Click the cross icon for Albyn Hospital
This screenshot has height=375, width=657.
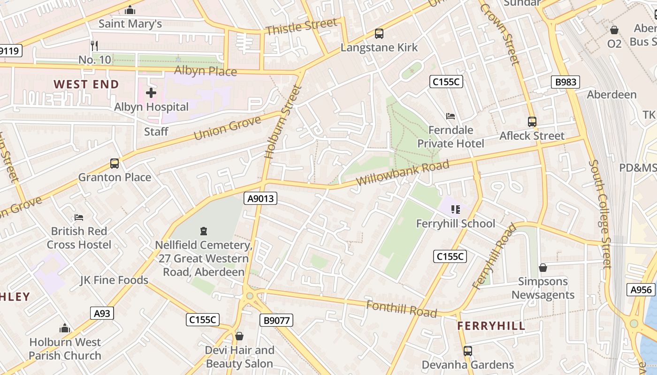(x=151, y=93)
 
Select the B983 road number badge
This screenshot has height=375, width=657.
(x=565, y=82)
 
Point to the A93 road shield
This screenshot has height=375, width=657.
(x=102, y=313)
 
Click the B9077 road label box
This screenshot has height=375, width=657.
(x=276, y=320)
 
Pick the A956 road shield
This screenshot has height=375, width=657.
(x=641, y=290)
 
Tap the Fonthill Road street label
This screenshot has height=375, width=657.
(x=401, y=309)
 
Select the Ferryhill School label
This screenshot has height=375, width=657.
(x=455, y=224)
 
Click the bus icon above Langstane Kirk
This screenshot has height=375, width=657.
(x=379, y=34)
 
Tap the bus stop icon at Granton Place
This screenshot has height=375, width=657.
(x=115, y=164)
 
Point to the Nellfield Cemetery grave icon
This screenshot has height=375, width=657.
(x=204, y=231)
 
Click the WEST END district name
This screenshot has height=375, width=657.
(x=86, y=84)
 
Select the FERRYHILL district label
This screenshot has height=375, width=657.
(x=491, y=326)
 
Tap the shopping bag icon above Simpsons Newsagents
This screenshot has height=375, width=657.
(x=543, y=268)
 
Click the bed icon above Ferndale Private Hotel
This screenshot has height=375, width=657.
(x=450, y=116)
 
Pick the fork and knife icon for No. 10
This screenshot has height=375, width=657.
(x=94, y=45)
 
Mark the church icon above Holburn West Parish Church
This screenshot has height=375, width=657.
(x=65, y=328)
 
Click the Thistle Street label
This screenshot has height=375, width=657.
(x=301, y=26)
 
